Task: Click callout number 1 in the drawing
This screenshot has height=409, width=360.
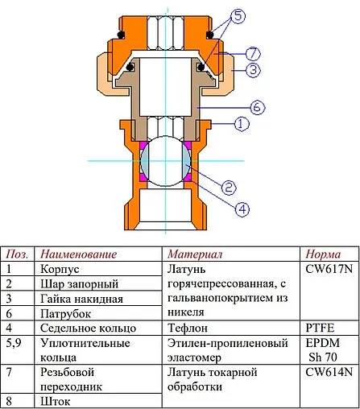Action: (239, 124)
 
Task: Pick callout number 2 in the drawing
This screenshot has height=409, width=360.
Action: (228, 188)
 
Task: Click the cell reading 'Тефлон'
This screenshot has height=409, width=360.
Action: (188, 328)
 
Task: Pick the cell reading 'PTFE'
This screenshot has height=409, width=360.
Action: (321, 328)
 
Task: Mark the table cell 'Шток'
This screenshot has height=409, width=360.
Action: (56, 401)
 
